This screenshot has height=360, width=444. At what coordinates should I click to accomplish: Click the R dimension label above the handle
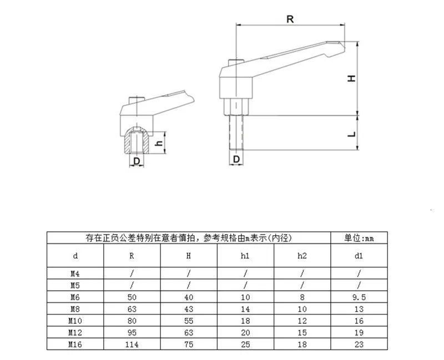click(x=290, y=18)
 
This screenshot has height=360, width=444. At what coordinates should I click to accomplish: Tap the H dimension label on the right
click(x=351, y=79)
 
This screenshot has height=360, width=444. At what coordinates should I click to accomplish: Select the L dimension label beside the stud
click(x=351, y=134)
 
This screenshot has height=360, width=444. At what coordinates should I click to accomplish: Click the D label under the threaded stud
click(x=236, y=159)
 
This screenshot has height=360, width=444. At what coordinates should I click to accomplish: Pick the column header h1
click(x=245, y=256)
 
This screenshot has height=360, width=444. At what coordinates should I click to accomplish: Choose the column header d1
click(x=359, y=256)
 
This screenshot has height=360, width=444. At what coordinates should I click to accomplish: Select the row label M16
click(x=75, y=344)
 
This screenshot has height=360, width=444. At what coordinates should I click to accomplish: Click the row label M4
click(x=75, y=273)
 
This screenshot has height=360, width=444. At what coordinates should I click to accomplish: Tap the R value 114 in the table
click(x=132, y=344)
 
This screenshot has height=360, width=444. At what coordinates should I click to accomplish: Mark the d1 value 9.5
click(x=359, y=297)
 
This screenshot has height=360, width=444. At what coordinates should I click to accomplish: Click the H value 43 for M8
click(x=189, y=308)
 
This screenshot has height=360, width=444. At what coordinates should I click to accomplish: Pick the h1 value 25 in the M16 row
click(x=245, y=344)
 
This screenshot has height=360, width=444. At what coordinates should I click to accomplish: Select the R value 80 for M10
click(x=132, y=321)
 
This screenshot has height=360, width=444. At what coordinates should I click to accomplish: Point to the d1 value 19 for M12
click(x=359, y=333)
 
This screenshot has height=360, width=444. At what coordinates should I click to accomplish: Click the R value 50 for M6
click(x=132, y=297)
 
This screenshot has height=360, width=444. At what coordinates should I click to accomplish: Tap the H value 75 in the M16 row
click(x=189, y=344)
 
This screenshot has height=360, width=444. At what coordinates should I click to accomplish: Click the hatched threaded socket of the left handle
click(x=135, y=141)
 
